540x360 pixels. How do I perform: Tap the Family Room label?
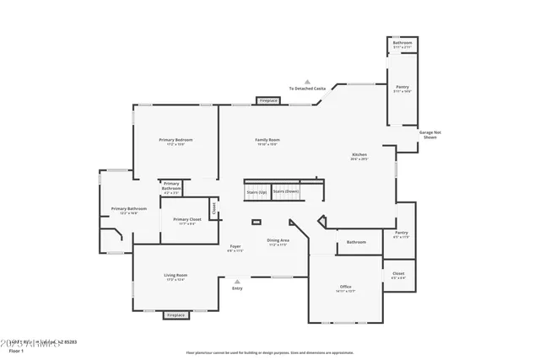267,140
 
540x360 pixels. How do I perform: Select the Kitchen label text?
359,155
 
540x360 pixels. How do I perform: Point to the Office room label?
345,287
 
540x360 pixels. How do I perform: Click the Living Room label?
175,276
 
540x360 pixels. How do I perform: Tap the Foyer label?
235,247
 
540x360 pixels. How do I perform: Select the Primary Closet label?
187,220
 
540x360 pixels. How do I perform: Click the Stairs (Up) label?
256,191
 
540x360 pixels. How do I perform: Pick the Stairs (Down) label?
286,191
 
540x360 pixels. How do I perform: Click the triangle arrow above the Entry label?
237,282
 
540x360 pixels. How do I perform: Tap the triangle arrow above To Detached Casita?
308,81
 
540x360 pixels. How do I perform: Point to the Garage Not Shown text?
429,134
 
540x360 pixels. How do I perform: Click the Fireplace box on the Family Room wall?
268,100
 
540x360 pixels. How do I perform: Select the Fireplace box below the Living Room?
175,314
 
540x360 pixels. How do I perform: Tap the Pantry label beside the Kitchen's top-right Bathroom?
402,88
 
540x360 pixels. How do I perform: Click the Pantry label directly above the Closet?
401,234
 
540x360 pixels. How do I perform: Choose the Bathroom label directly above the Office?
356,242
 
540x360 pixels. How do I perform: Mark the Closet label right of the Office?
399,274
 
